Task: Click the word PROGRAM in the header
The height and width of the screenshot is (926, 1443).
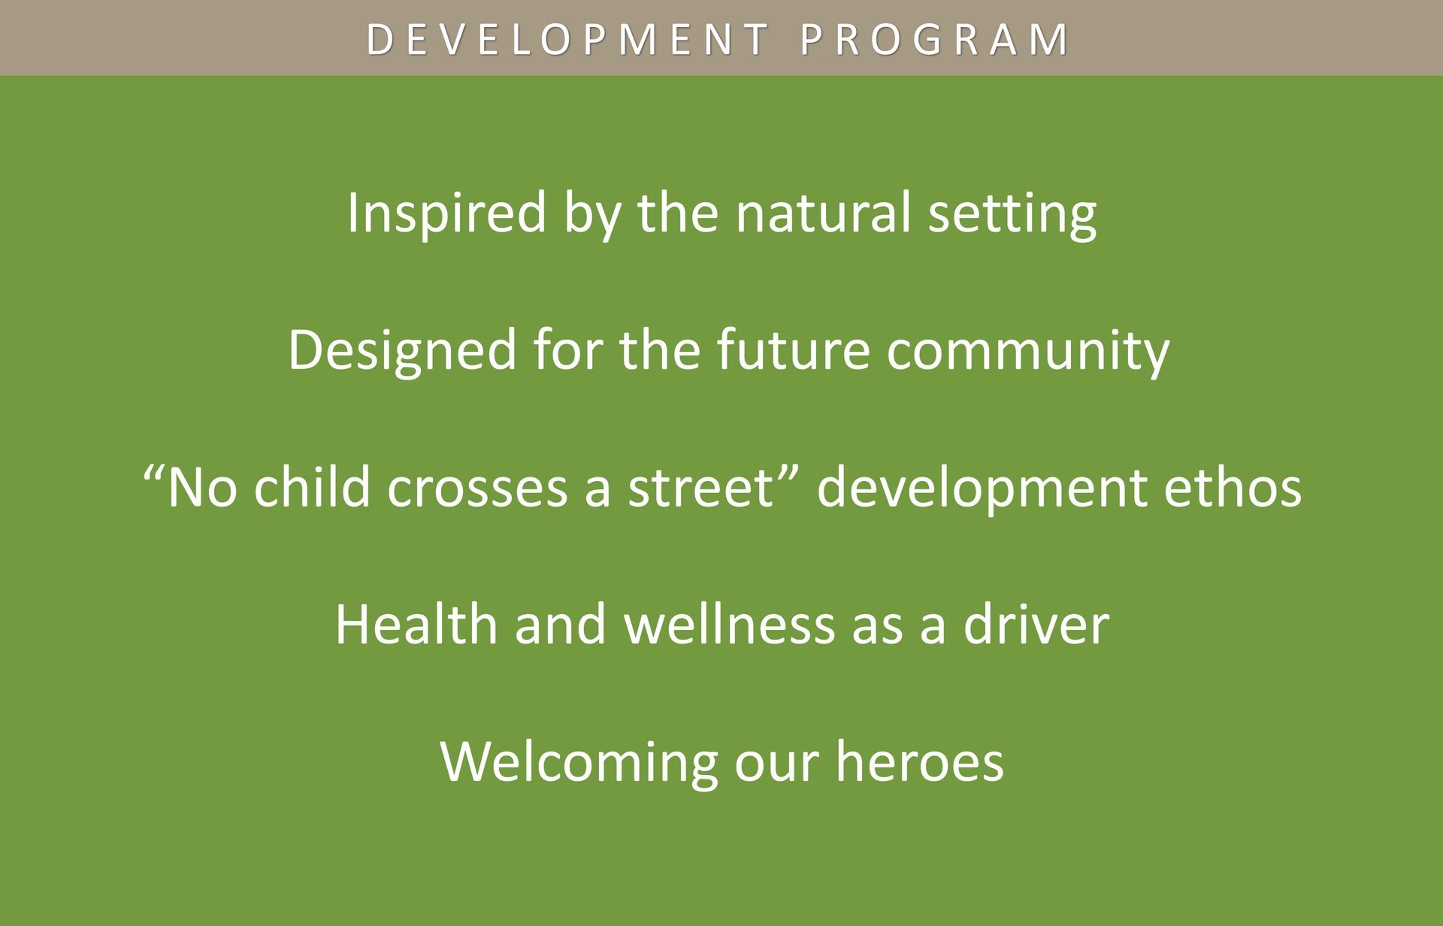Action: (934, 39)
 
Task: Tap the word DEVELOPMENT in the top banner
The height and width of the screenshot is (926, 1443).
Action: (567, 39)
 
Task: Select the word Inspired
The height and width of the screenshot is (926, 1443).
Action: (446, 214)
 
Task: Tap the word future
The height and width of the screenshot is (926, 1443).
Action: (793, 350)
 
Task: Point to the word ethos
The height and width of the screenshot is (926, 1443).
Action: (1233, 486)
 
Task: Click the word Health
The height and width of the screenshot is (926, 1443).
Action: (416, 624)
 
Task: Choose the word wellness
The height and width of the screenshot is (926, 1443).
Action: (730, 624)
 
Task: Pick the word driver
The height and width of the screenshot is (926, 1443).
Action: (1036, 624)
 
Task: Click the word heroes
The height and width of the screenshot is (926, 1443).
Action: (920, 761)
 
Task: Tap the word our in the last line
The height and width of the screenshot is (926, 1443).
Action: (776, 767)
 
